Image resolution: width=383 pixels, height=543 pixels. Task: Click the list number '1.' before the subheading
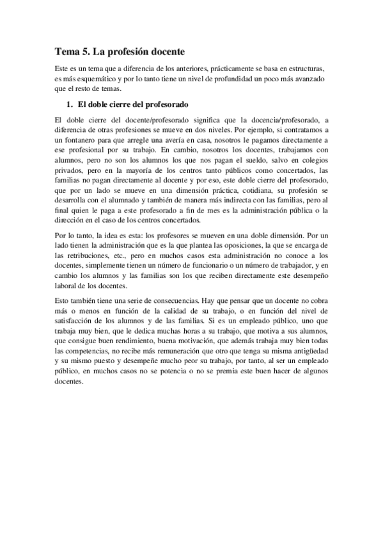click(x=70, y=104)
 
